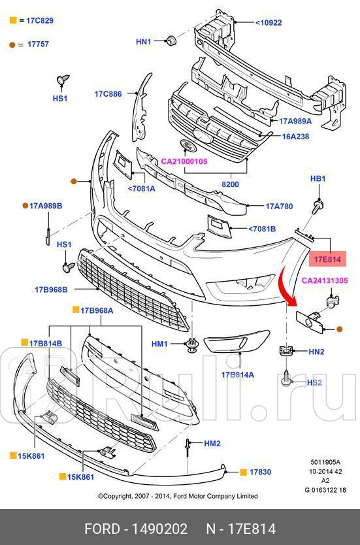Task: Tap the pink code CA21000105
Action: coord(185,161)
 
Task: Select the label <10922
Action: coord(268,23)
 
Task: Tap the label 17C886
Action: coord(108,94)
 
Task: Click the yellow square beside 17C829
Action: coord(12,21)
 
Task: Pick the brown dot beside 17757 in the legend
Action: coord(12,44)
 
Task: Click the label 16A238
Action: coord(295,137)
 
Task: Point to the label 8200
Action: coord(230,184)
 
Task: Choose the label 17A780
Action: coord(279,206)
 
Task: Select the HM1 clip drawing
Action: coord(192,346)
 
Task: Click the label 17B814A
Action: coord(237,374)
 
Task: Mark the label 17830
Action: coord(260,471)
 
